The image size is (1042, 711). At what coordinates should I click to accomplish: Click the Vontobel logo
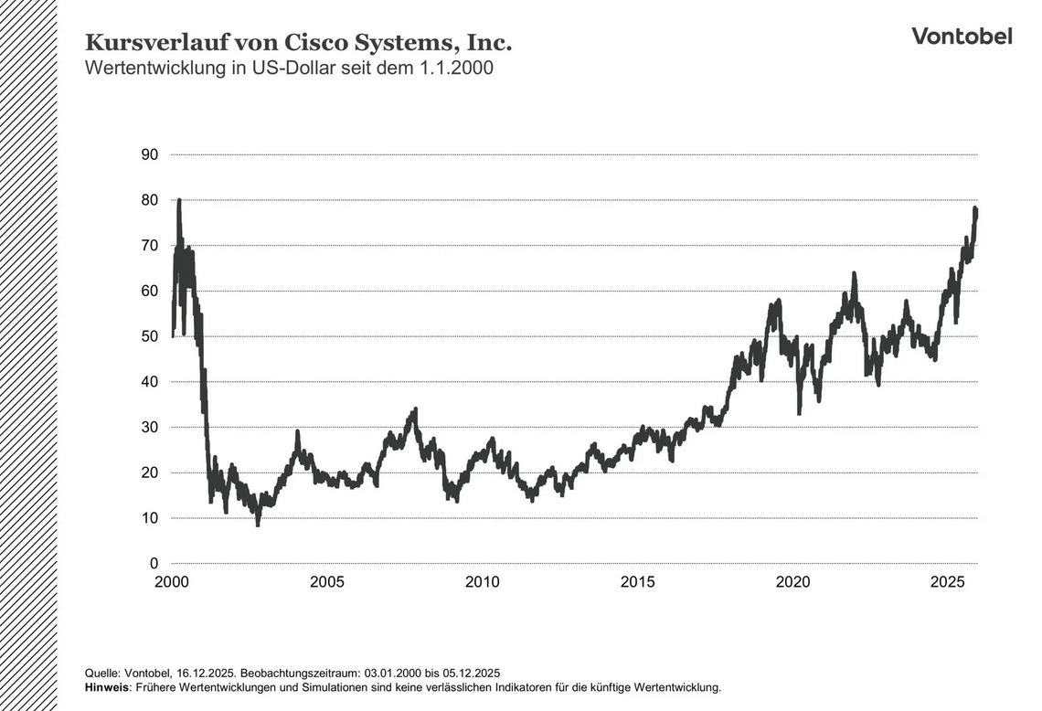tap(962, 36)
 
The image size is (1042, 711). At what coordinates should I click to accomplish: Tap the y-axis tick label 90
tap(149, 154)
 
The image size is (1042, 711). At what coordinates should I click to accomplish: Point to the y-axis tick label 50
tap(149, 336)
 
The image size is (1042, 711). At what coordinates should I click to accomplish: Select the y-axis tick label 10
tap(149, 518)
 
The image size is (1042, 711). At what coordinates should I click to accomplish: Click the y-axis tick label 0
tap(154, 564)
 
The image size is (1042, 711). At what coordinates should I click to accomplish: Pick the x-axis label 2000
tap(172, 582)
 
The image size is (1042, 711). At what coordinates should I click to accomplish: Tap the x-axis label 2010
tap(482, 582)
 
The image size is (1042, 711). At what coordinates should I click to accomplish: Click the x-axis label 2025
tap(948, 582)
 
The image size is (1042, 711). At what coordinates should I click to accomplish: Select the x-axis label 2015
tap(637, 582)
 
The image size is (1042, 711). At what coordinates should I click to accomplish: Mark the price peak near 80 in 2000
tap(178, 200)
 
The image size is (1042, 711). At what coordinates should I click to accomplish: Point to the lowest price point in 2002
tap(258, 525)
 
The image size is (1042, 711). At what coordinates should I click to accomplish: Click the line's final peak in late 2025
tap(975, 209)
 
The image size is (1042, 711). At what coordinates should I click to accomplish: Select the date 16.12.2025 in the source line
tap(207, 672)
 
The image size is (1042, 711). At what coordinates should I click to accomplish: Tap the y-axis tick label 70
tap(149, 246)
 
